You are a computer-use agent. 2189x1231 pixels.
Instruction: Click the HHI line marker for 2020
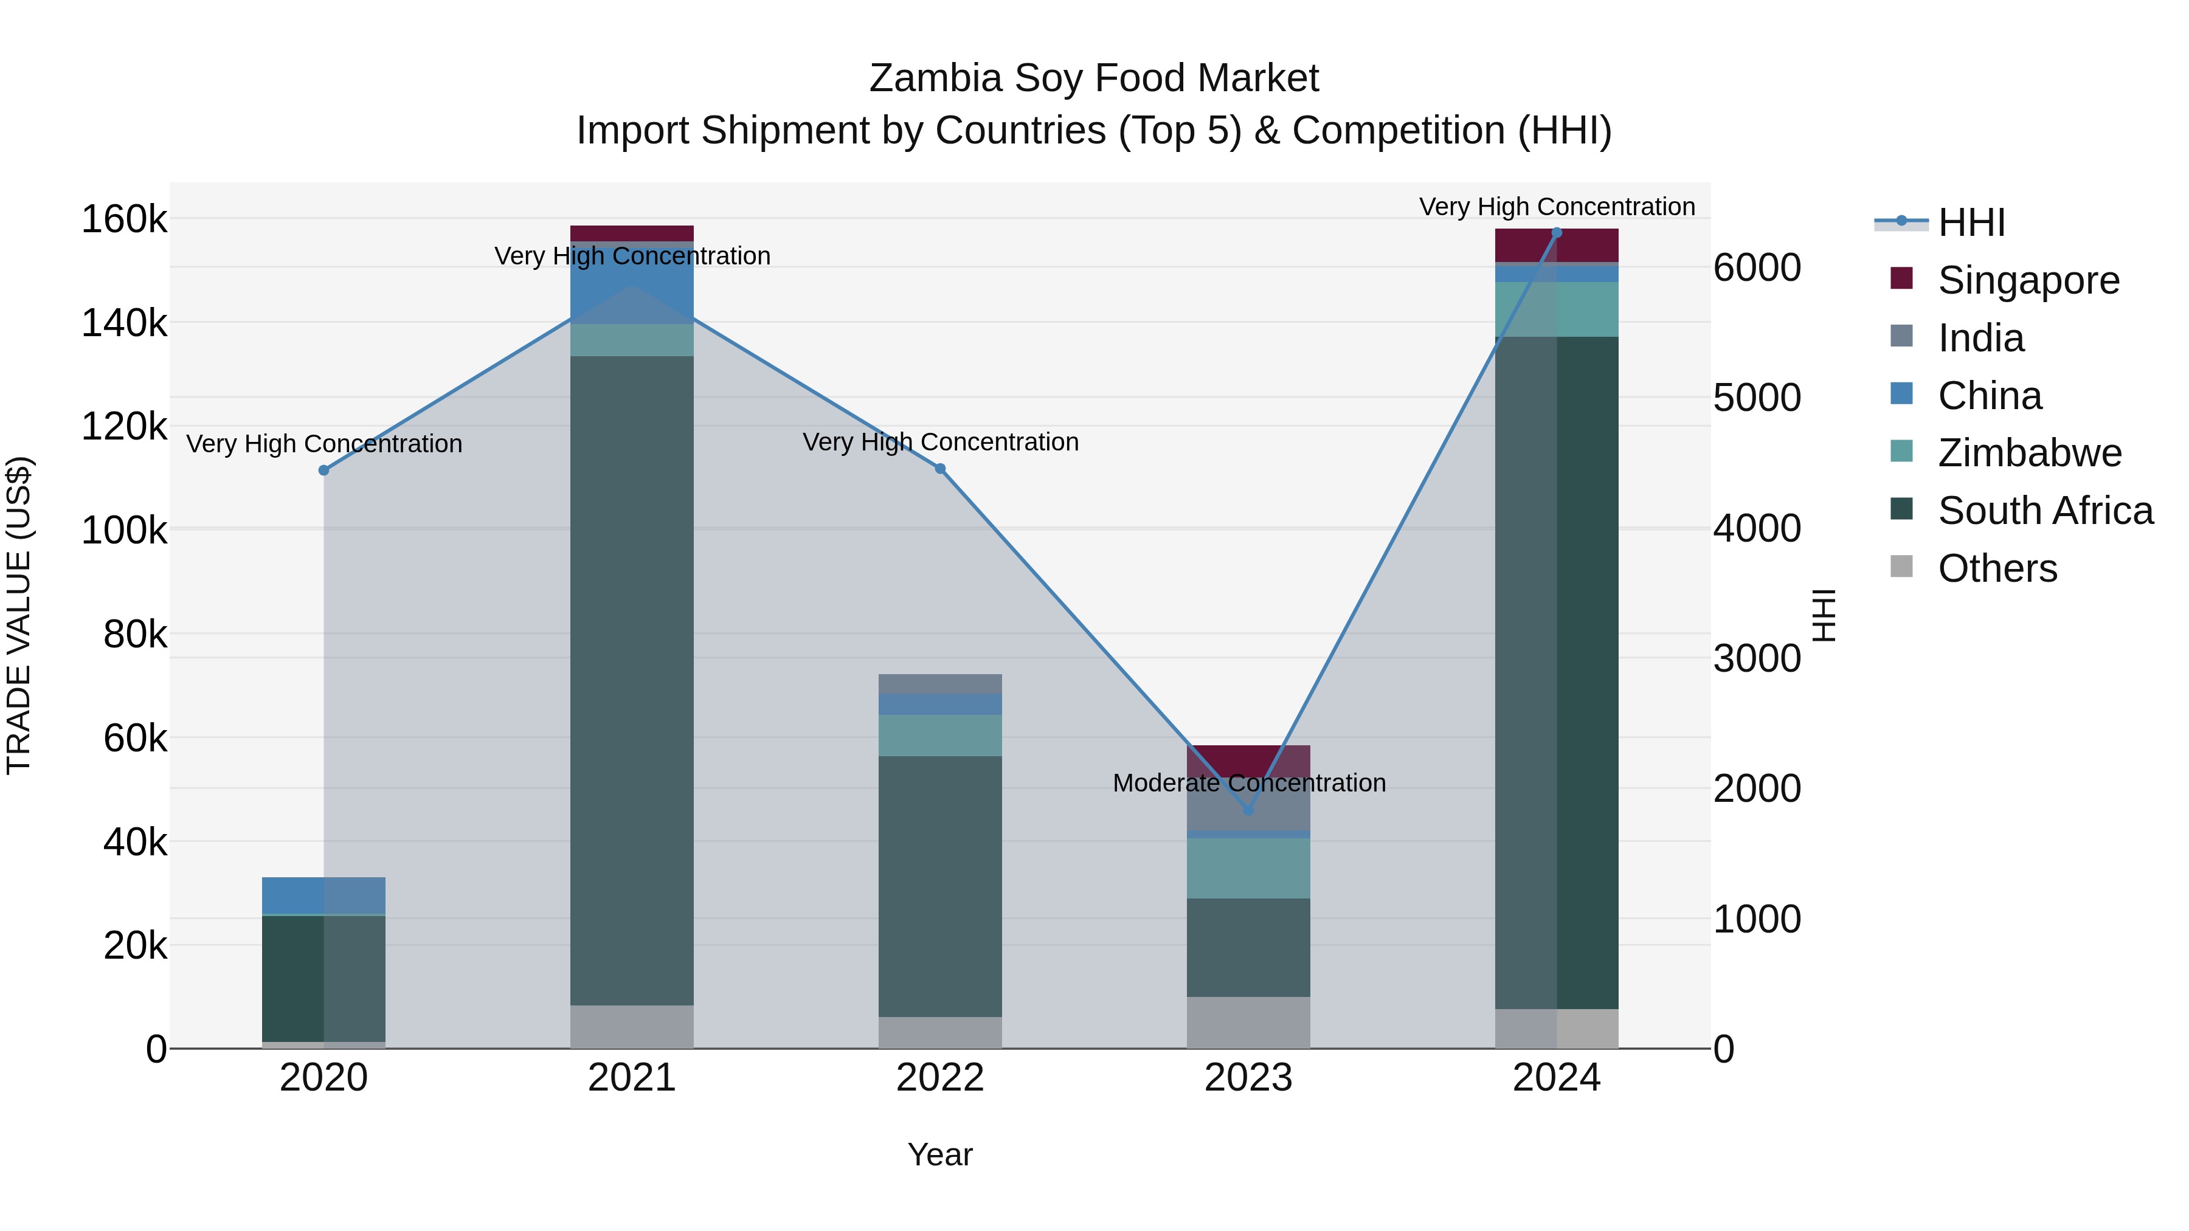[323, 471]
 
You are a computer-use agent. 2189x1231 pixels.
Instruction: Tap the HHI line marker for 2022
[940, 469]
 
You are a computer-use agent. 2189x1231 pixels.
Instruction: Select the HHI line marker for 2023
[1248, 810]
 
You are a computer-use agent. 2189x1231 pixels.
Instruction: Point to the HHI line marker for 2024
[1557, 233]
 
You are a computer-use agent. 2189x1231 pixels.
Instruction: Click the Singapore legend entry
[2027, 280]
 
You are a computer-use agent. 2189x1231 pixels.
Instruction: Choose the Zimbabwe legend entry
[2028, 453]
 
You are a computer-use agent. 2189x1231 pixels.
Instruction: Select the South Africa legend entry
[2044, 511]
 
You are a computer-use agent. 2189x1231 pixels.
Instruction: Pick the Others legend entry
[1997, 568]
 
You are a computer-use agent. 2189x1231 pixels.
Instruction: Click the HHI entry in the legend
[1971, 222]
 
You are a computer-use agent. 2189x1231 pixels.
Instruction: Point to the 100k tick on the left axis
[124, 530]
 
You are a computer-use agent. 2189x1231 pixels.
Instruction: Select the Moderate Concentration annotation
[1248, 782]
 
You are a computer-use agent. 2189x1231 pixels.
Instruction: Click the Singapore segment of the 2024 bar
[1557, 246]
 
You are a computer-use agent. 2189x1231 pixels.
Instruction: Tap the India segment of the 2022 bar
[940, 684]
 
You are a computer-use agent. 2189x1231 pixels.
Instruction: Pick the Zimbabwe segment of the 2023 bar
[1248, 868]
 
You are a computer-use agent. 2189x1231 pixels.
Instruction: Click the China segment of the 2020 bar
[323, 895]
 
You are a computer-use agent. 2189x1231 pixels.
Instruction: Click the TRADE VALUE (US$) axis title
[19, 616]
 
